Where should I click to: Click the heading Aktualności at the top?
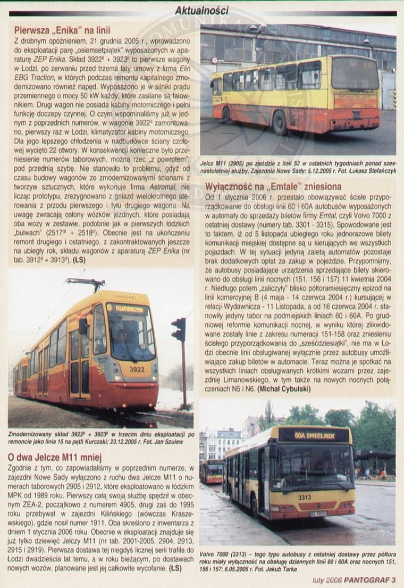tap(201, 10)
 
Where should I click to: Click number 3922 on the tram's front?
tap(137, 369)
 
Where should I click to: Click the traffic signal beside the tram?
tap(179, 330)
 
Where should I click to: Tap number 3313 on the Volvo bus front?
tap(305, 498)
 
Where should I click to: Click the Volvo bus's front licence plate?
tap(317, 514)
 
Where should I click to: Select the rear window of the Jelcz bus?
tap(355, 74)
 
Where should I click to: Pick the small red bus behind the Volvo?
tap(212, 471)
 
